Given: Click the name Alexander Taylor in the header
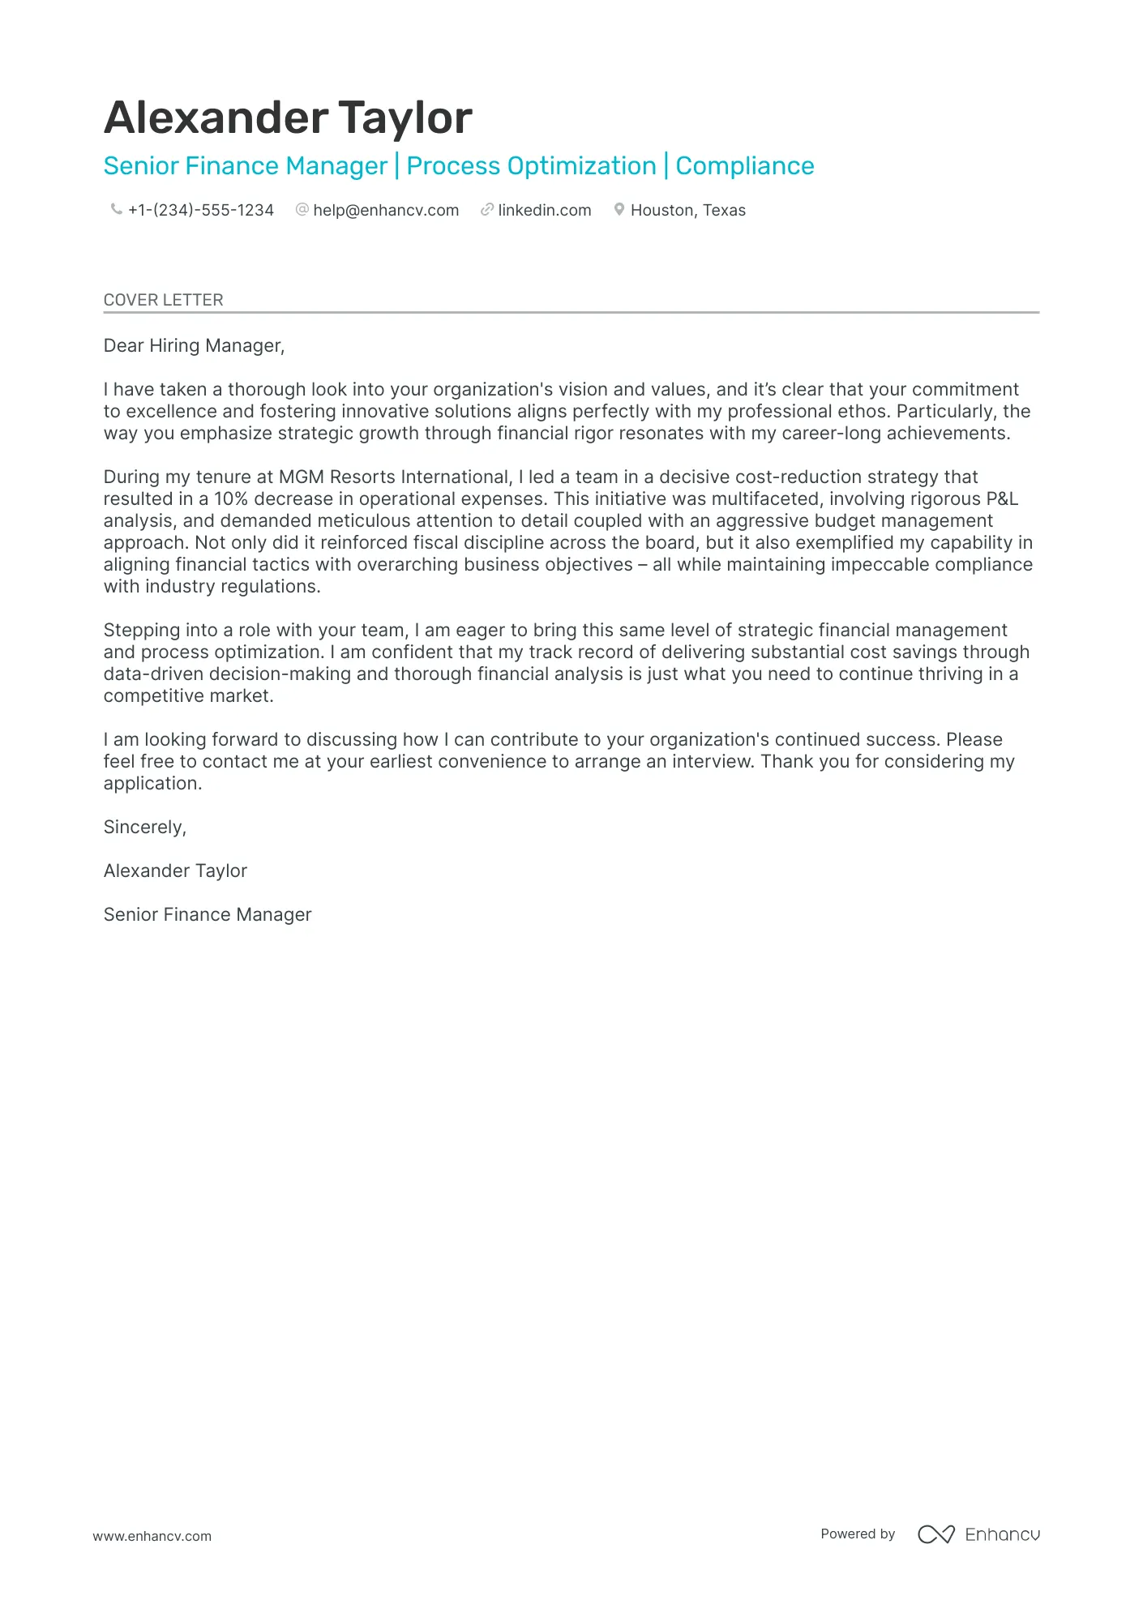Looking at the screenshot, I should pyautogui.click(x=288, y=118).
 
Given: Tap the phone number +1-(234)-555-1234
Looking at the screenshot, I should pyautogui.click(x=201, y=211).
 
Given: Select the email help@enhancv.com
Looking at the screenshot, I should pyautogui.click(x=386, y=211).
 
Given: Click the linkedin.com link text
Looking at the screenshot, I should pyautogui.click(x=544, y=211).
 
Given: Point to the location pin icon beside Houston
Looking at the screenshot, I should pyautogui.click(x=619, y=210).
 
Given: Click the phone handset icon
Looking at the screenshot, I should pyautogui.click(x=116, y=210).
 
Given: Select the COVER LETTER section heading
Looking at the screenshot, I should pyautogui.click(x=163, y=300).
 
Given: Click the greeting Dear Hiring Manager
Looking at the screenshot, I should pyautogui.click(x=194, y=346).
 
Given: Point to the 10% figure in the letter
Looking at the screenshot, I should pyautogui.click(x=231, y=499).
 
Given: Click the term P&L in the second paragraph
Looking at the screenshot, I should pyautogui.click(x=1002, y=499).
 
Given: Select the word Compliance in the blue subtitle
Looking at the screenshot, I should pyautogui.click(x=744, y=166).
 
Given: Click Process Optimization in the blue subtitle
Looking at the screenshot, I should pyautogui.click(x=531, y=166).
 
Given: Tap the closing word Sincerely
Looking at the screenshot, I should pyautogui.click(x=144, y=828).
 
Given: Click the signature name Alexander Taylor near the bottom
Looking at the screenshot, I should pyautogui.click(x=175, y=871).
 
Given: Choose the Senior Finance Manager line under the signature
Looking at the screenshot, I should pyautogui.click(x=208, y=915).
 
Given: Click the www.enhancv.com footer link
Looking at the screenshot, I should pyautogui.click(x=152, y=1536).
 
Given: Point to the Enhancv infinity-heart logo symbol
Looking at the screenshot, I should pyautogui.click(x=935, y=1534).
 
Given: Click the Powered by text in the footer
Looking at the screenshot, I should pyautogui.click(x=858, y=1534).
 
